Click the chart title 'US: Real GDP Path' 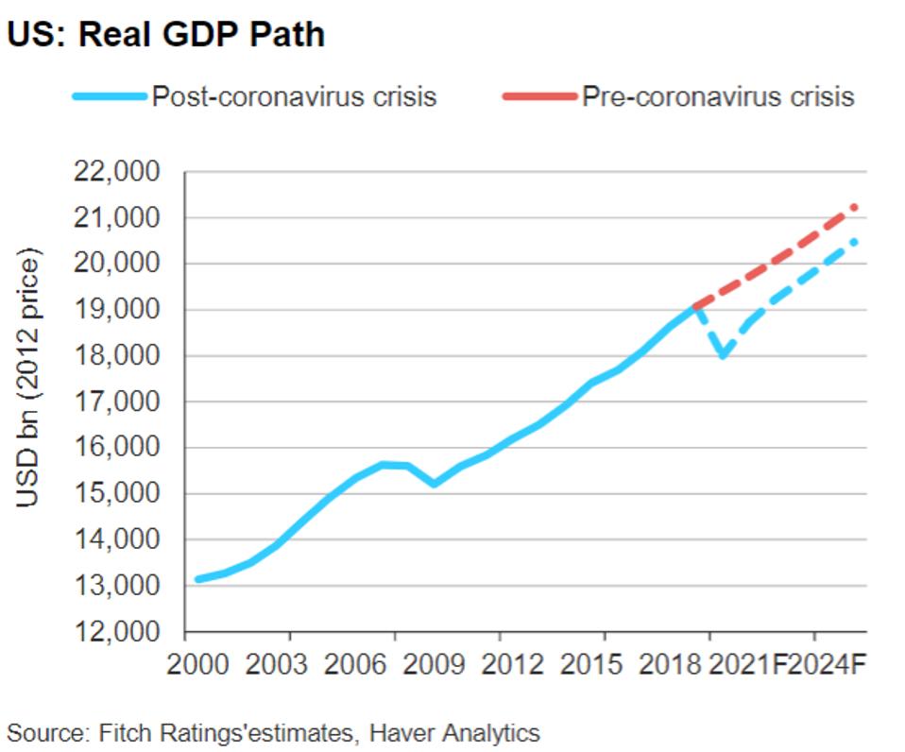click(166, 35)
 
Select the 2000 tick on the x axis click(197, 664)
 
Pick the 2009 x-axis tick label click(434, 664)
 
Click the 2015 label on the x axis click(592, 664)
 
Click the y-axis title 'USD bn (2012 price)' click(30, 377)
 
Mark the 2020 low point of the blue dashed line click(724, 356)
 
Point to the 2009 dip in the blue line click(434, 484)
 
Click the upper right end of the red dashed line click(855, 206)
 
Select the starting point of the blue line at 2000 click(197, 579)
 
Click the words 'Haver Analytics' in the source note click(454, 732)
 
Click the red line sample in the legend click(538, 95)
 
